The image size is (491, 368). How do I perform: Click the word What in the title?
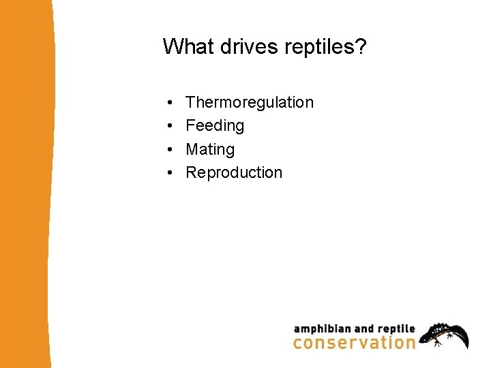click(184, 46)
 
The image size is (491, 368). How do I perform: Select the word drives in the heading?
click(235, 46)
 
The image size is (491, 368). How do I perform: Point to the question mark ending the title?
click(361, 46)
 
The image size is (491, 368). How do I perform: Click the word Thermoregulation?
click(250, 102)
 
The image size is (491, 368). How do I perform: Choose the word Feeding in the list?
click(215, 125)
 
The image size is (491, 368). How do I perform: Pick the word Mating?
click(210, 149)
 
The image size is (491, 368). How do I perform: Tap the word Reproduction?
click(234, 172)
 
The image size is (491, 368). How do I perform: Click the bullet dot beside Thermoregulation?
click(168, 103)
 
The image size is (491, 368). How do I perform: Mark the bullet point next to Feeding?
click(168, 126)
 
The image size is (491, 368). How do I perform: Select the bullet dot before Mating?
click(168, 149)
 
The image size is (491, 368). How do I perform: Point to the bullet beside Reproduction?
click(168, 173)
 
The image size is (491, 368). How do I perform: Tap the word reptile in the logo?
click(395, 328)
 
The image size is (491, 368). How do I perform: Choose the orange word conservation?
click(354, 342)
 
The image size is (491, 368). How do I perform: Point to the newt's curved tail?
click(464, 337)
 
